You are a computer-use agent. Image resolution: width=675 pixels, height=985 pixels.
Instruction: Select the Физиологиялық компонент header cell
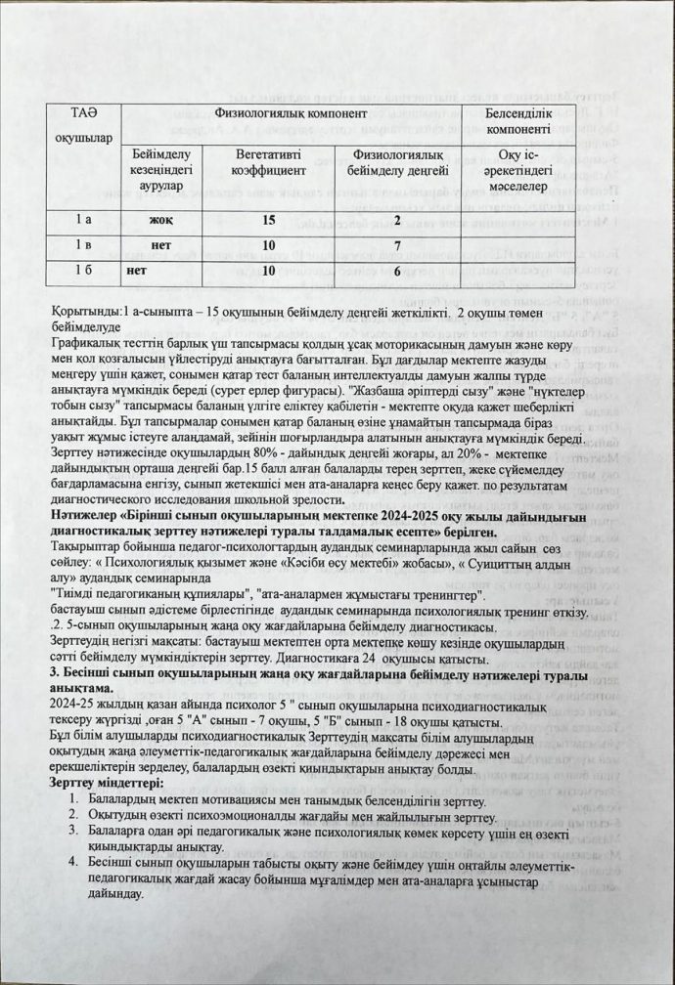click(288, 113)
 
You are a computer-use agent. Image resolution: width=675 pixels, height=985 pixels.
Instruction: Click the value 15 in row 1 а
click(268, 219)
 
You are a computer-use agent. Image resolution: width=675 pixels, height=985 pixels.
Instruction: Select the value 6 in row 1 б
click(397, 270)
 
